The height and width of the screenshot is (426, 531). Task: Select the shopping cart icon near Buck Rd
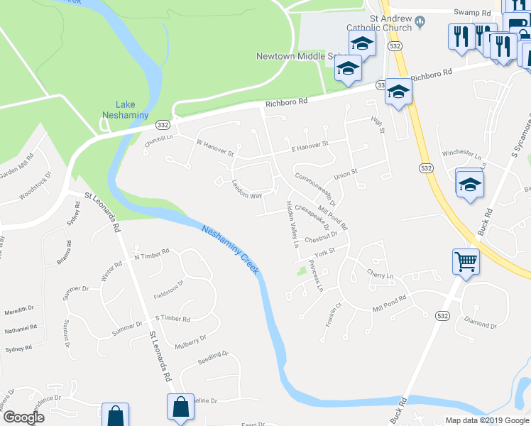click(x=466, y=261)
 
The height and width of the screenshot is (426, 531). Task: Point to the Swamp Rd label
click(x=472, y=12)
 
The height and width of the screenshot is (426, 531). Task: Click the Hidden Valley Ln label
click(x=292, y=224)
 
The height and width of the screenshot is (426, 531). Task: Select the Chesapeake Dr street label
click(x=312, y=217)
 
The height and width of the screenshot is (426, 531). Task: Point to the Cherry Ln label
click(x=380, y=275)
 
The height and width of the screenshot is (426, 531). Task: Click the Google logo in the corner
click(x=23, y=417)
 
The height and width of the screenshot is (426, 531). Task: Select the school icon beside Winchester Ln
click(x=469, y=185)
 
